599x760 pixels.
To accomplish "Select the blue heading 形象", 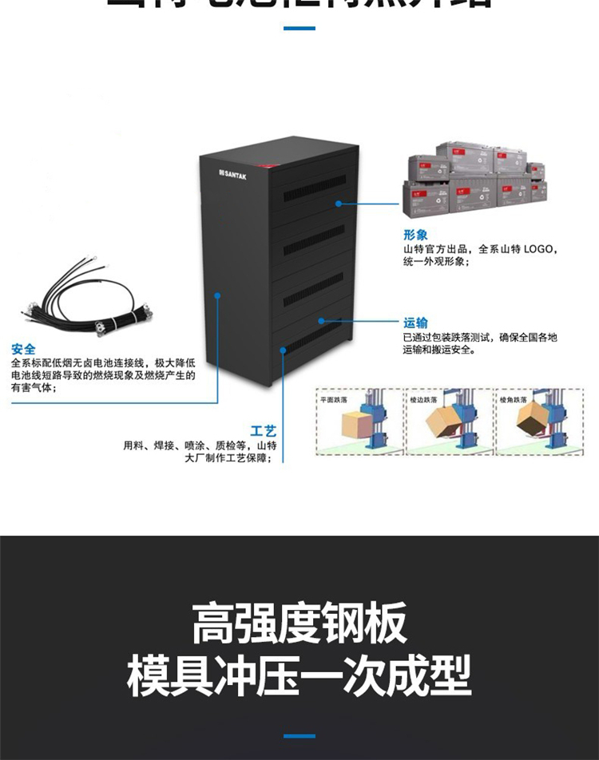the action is click(415, 236).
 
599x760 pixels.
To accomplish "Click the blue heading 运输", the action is click(415, 323).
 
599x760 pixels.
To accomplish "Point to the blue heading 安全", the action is click(23, 349).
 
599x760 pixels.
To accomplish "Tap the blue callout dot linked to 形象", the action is click(339, 203).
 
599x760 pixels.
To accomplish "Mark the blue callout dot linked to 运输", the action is click(321, 321).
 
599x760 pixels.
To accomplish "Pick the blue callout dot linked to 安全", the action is click(217, 295).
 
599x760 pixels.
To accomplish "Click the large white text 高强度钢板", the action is click(299, 623).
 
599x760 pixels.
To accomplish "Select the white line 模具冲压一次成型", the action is click(299, 675).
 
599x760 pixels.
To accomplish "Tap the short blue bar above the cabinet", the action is click(299, 29).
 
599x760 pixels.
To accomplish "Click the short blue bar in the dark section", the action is click(299, 735).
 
